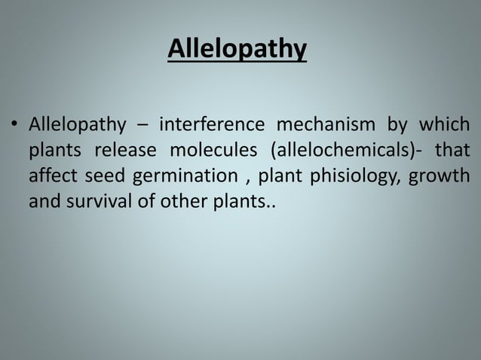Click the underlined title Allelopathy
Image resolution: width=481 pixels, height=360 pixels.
pos(237,49)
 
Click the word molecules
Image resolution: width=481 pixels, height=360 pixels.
pos(213,150)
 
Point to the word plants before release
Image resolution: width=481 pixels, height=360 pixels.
pos(55,151)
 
